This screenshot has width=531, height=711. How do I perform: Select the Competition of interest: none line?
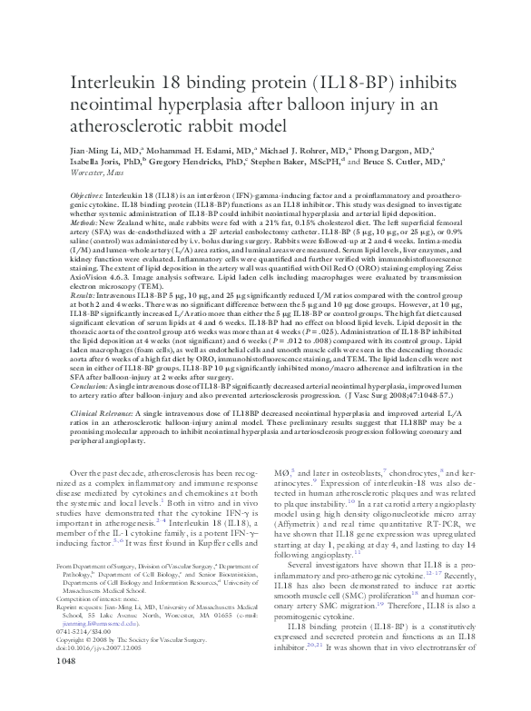(103, 600)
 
